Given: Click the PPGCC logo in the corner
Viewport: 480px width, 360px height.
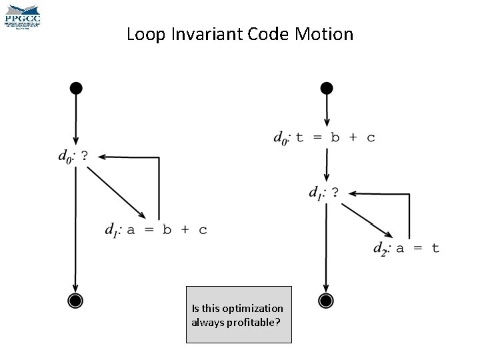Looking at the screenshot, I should pyautogui.click(x=22, y=16).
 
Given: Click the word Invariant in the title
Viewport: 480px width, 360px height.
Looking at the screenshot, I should pyautogui.click(x=198, y=34).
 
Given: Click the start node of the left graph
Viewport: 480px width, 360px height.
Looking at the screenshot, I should pyautogui.click(x=76, y=88).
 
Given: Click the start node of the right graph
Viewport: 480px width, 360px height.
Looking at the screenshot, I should pyautogui.click(x=326, y=88).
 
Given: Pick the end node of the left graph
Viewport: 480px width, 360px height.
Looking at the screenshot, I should pyautogui.click(x=76, y=301).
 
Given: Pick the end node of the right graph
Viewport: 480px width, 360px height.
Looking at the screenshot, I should pyautogui.click(x=326, y=301).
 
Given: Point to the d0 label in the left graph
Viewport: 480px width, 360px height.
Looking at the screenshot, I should pyautogui.click(x=66, y=157).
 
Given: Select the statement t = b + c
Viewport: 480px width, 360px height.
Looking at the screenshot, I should pyautogui.click(x=335, y=138).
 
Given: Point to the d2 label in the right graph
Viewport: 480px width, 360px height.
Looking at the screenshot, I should pyautogui.click(x=381, y=249).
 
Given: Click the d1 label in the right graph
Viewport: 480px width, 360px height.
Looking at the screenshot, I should pyautogui.click(x=317, y=193).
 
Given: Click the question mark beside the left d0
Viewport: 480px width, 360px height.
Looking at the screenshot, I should pyautogui.click(x=84, y=156).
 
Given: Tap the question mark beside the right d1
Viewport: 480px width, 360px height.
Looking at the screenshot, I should pyautogui.click(x=335, y=193).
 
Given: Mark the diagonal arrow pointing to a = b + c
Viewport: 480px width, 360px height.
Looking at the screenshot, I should pyautogui.click(x=117, y=192).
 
